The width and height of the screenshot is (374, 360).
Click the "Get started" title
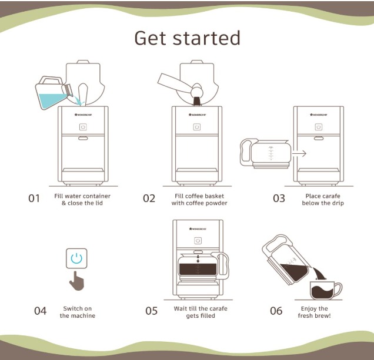pyautogui.click(x=187, y=38)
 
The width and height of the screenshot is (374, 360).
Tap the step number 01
pyautogui.click(x=34, y=198)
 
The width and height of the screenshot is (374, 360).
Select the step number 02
pyautogui.click(x=149, y=198)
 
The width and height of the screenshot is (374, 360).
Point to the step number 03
pyautogui.click(x=279, y=198)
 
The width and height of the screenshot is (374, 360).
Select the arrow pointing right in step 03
pyautogui.click(x=299, y=153)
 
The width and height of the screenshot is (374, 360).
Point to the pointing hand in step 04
pyautogui.click(x=76, y=281)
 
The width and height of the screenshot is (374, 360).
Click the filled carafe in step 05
pyautogui.click(x=200, y=267)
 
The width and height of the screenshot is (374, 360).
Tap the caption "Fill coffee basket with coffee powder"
pyautogui.click(x=199, y=200)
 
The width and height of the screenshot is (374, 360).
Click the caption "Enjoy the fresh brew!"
pyautogui.click(x=315, y=312)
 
